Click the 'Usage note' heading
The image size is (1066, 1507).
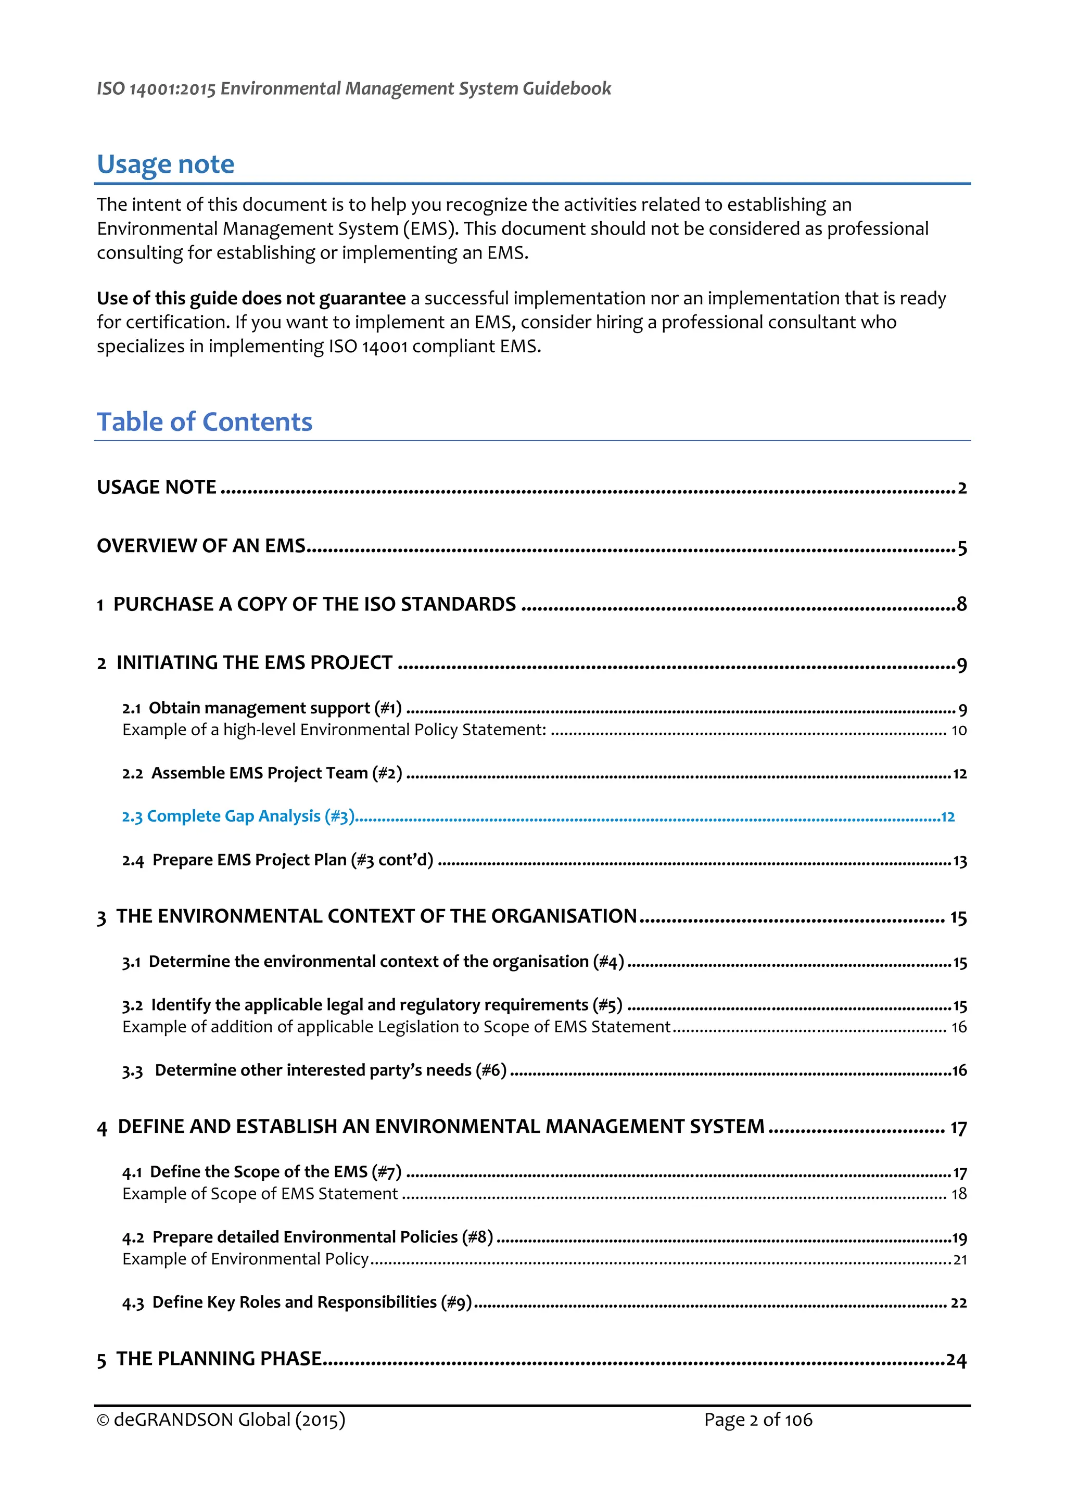click(166, 164)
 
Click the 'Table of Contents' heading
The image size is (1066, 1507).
click(204, 422)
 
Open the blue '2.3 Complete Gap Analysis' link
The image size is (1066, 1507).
click(238, 816)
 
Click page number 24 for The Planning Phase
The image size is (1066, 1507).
click(956, 1359)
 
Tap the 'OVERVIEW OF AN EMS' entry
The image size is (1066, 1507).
click(201, 546)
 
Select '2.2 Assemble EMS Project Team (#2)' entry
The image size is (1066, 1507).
click(262, 773)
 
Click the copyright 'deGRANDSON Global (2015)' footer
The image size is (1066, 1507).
click(221, 1420)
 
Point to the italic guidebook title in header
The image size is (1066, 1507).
click(354, 88)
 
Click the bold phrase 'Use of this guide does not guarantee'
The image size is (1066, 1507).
click(251, 299)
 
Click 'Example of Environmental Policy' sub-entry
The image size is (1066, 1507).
click(246, 1259)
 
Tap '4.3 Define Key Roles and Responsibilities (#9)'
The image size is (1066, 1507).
click(297, 1302)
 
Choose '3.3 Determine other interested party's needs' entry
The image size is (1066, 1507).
click(314, 1070)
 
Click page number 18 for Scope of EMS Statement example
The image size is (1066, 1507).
click(959, 1194)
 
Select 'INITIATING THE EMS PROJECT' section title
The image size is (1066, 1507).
click(254, 663)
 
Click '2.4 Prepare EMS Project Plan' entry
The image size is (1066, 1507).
click(277, 860)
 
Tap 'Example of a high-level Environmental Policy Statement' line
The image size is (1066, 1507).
click(334, 730)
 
